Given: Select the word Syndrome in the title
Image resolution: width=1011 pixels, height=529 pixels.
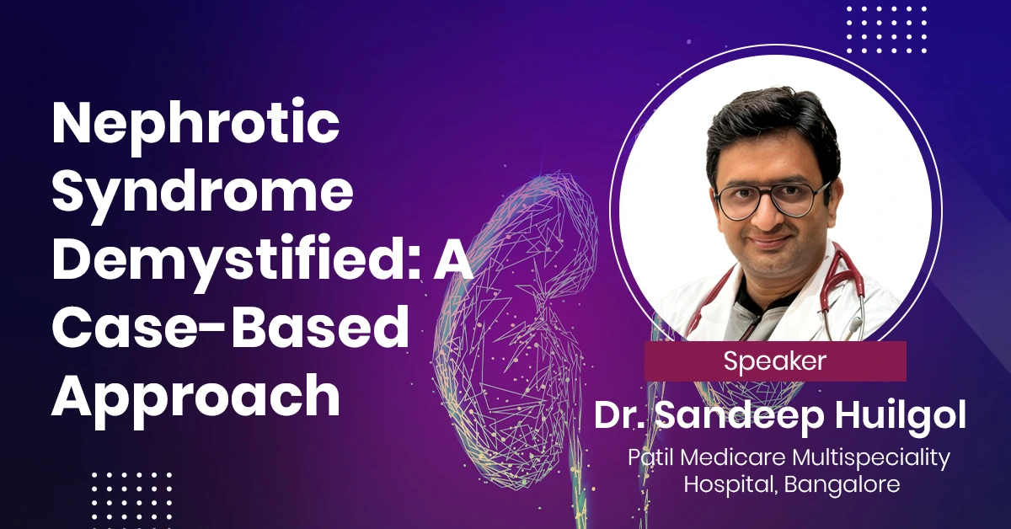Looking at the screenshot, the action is click(203, 194).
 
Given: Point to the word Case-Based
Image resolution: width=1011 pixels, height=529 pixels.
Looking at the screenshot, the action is click(231, 328).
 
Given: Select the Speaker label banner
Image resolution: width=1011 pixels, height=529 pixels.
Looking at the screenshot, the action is click(775, 361).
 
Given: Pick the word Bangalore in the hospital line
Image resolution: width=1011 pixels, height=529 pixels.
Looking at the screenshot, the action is click(842, 484).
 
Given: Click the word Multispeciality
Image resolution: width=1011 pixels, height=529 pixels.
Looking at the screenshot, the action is click(871, 458).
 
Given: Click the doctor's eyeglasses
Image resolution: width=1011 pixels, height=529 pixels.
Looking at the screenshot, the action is click(772, 199).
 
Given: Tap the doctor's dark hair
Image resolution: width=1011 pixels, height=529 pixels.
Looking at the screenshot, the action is click(773, 131).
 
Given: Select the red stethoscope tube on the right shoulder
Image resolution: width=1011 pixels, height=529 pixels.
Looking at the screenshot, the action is click(845, 280).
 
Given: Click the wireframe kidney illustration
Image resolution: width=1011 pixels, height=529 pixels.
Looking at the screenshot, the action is click(515, 329).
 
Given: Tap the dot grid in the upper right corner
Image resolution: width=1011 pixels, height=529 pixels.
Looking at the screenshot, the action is click(886, 29).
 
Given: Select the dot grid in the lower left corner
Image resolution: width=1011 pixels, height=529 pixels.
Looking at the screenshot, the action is click(131, 500).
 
